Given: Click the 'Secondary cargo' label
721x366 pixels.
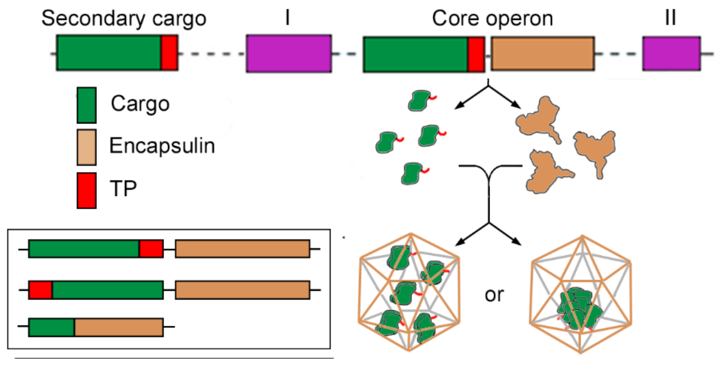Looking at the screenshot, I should (x=124, y=19).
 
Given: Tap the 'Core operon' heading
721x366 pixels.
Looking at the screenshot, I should (x=492, y=19).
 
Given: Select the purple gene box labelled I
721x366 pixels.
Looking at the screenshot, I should (x=289, y=53).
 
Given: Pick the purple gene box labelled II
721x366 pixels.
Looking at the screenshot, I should (x=672, y=53).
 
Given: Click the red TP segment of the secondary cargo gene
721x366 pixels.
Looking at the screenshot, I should (x=169, y=53).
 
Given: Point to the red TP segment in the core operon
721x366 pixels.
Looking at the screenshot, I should (x=476, y=54).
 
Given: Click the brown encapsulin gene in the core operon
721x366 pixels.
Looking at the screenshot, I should (x=542, y=54).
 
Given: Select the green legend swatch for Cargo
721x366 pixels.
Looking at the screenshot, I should (x=87, y=105).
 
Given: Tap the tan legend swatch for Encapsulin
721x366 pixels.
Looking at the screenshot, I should (x=87, y=147).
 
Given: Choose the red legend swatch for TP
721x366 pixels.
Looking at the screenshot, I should (x=87, y=190).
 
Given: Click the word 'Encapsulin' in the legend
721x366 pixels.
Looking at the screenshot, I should (x=162, y=145).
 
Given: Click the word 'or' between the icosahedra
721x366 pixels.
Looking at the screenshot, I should (x=494, y=295).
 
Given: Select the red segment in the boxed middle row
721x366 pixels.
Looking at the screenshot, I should (x=41, y=290).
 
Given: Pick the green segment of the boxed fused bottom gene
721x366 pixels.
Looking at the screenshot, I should (x=52, y=327).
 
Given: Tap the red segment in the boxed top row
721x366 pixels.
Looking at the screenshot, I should (x=151, y=249).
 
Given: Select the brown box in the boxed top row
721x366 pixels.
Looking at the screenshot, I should (x=242, y=249).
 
